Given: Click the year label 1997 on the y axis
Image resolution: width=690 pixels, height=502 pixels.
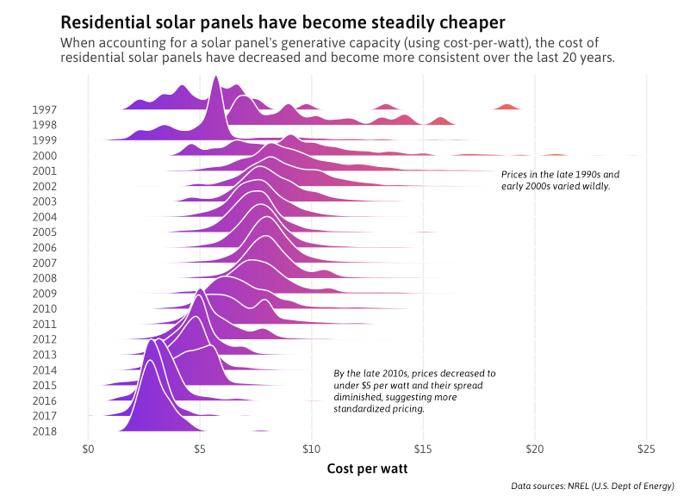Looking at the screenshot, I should pyautogui.click(x=44, y=109).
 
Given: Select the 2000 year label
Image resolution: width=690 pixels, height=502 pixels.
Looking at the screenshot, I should pyautogui.click(x=44, y=156).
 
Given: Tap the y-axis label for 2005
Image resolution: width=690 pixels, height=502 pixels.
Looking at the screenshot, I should pyautogui.click(x=44, y=232).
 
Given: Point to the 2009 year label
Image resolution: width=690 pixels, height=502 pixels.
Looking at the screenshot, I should pyautogui.click(x=44, y=294).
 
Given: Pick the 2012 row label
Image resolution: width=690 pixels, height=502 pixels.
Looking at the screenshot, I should pyautogui.click(x=44, y=339).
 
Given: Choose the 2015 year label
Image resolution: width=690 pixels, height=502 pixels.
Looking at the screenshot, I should pyautogui.click(x=44, y=386).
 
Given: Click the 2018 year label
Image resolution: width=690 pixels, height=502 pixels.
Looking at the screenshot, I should pyautogui.click(x=44, y=431).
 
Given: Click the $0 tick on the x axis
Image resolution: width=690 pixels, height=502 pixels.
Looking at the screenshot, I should pyautogui.click(x=88, y=449).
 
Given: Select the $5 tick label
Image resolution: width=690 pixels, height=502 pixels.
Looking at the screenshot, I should pyautogui.click(x=200, y=449).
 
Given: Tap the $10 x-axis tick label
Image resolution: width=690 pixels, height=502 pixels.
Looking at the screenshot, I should pyautogui.click(x=311, y=449).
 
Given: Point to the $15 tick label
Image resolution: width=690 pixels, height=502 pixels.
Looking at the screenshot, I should pyautogui.click(x=423, y=449).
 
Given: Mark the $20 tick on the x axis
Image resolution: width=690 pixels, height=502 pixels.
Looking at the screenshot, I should pyautogui.click(x=535, y=449).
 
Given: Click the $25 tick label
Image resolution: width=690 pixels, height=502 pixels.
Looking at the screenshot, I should pyautogui.click(x=646, y=449).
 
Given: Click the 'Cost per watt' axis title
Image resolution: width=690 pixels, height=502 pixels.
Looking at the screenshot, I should pyautogui.click(x=367, y=469).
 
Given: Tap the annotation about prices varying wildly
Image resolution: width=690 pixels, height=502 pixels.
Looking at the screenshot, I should pyautogui.click(x=560, y=180).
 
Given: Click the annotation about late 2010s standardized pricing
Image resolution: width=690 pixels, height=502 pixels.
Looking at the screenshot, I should pyautogui.click(x=414, y=392).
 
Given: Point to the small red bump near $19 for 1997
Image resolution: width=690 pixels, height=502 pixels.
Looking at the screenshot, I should pyautogui.click(x=507, y=106).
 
